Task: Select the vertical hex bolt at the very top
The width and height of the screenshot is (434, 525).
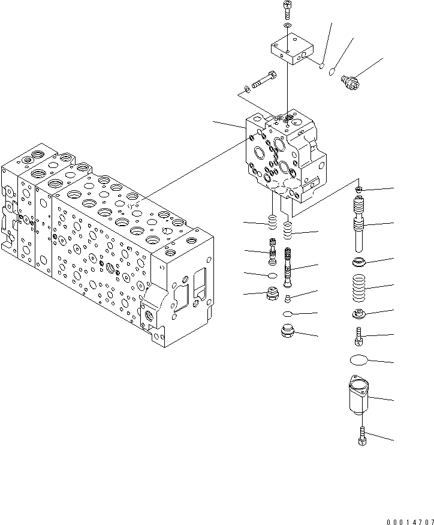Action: coord(287,10)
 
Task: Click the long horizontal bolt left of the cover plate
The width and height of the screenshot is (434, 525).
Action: coord(263,80)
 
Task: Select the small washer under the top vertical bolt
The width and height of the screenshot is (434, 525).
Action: coord(288,26)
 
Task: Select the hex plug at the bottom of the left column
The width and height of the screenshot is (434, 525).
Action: coord(273,295)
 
